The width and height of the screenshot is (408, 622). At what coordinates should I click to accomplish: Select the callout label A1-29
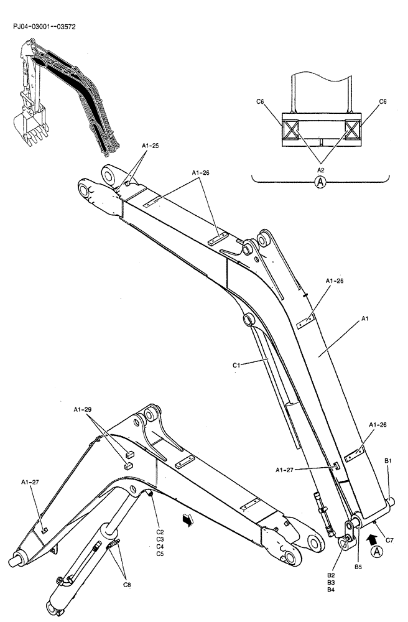click(82, 409)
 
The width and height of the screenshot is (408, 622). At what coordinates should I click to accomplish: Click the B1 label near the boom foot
click(387, 460)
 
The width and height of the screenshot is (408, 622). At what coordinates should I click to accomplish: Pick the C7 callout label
click(389, 540)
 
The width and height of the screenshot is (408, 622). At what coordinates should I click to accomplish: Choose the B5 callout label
click(358, 567)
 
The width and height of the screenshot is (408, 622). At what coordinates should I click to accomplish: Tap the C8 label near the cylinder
click(127, 584)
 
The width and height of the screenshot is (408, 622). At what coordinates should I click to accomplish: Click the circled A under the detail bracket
click(320, 182)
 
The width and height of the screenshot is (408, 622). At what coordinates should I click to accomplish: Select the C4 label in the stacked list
click(160, 546)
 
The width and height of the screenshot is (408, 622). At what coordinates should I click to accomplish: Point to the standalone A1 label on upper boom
click(365, 318)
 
